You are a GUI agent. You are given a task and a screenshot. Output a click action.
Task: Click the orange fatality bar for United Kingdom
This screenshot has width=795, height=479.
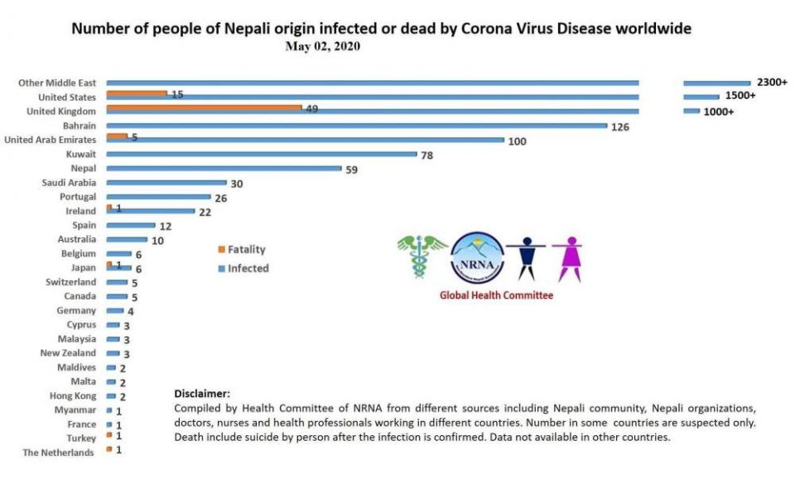click(x=204, y=108)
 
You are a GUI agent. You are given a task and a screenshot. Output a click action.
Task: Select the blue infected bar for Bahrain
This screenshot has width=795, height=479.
click(x=356, y=126)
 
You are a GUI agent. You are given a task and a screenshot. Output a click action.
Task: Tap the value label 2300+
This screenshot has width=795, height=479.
click(x=771, y=83)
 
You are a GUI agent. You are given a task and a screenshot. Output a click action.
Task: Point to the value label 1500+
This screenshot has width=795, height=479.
click(x=740, y=96)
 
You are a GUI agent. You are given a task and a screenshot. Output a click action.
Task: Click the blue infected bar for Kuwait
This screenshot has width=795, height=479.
click(x=261, y=154)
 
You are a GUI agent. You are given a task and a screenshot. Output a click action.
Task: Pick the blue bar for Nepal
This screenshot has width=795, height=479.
click(x=224, y=169)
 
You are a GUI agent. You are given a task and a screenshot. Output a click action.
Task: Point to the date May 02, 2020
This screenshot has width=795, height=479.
click(x=323, y=46)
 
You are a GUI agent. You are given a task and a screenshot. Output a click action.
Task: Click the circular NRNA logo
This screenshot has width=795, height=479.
click(x=476, y=257)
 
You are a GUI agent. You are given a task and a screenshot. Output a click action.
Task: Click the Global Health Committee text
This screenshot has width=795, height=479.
click(x=497, y=295)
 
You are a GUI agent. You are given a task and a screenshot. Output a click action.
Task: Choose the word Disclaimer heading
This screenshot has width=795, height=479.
click(x=202, y=394)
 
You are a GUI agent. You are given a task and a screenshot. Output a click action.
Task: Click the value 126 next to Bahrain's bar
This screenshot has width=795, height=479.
click(x=621, y=127)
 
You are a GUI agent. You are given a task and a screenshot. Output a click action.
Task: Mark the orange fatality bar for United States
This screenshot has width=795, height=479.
click(x=137, y=93)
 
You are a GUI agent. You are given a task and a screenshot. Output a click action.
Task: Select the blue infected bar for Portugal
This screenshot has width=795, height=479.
click(x=159, y=197)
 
